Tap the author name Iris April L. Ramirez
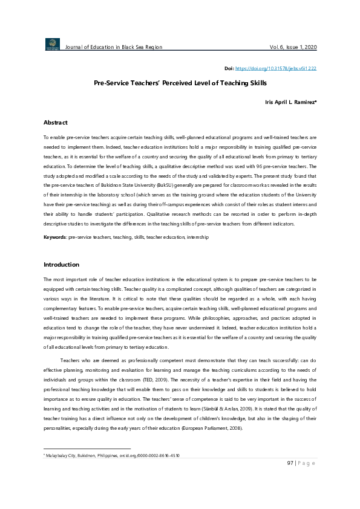pos(290,103)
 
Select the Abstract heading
pos(55,123)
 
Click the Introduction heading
pos(62,265)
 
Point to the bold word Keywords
pos(55,238)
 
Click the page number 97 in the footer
pos(290,463)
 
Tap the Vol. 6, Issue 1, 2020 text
pos(293,47)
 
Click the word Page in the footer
pos(307,463)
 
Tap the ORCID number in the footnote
pos(161,455)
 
